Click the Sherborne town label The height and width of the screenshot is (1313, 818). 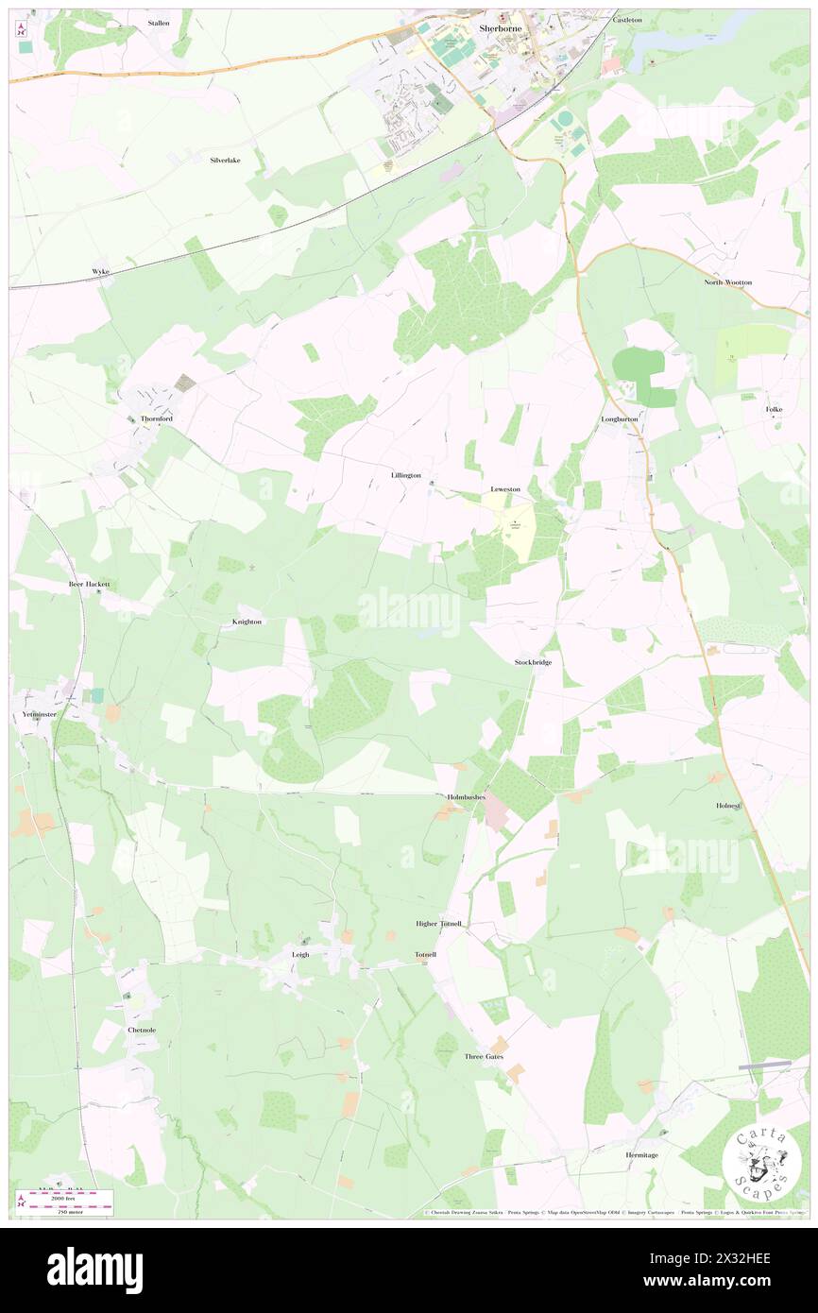(500, 28)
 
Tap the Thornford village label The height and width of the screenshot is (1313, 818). (157, 418)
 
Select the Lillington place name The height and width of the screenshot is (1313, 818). (405, 475)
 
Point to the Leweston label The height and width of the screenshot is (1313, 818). (505, 489)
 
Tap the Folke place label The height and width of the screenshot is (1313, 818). (775, 409)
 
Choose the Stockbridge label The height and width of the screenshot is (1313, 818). (533, 662)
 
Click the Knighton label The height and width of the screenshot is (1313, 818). (247, 622)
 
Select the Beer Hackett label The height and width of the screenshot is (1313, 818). (90, 584)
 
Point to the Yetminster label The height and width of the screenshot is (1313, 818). (40, 714)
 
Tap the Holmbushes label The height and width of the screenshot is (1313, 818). (466, 797)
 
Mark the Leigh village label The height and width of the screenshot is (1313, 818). (299, 954)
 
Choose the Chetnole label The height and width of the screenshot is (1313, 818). (140, 1029)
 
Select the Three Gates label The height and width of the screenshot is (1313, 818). (484, 1056)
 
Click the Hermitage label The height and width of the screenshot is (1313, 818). (641, 1154)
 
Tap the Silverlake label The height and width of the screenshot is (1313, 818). (225, 161)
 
